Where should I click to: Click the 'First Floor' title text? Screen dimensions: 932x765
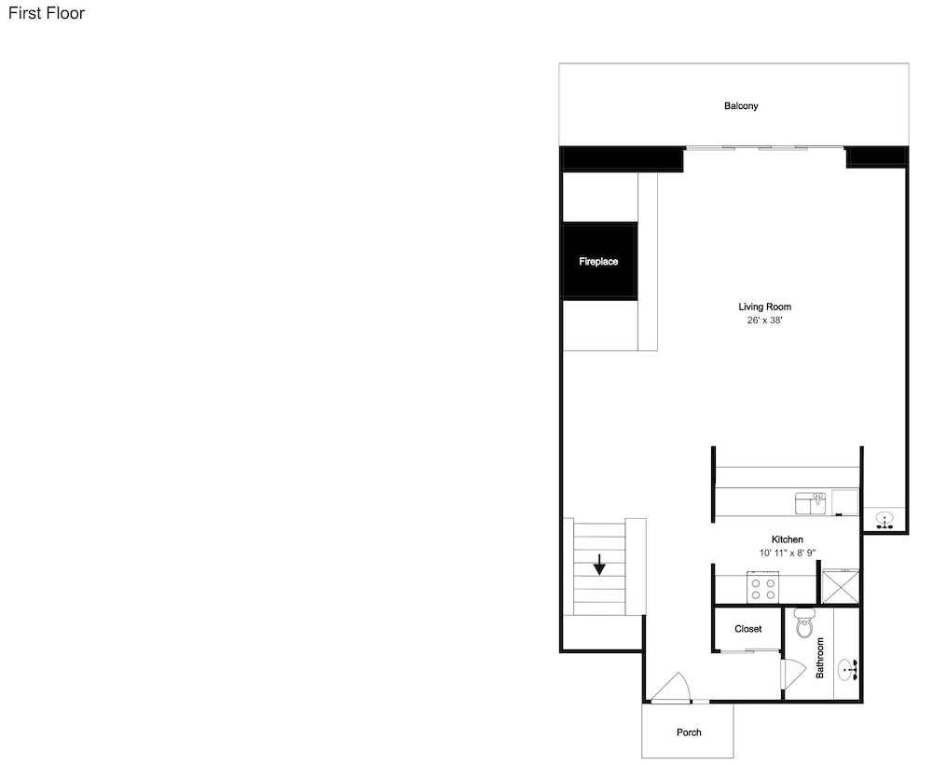47,13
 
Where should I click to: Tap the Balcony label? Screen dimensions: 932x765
741,106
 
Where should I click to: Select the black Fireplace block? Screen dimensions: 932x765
599,261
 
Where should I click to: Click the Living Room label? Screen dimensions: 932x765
764,307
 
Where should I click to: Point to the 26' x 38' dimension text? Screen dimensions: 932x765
764,321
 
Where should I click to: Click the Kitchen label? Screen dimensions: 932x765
787,540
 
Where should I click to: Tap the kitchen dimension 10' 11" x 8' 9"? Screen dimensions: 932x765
787,553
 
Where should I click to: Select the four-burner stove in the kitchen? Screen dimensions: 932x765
763,587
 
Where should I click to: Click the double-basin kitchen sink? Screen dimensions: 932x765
811,503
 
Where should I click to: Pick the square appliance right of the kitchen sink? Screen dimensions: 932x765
844,502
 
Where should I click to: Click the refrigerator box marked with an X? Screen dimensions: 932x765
840,587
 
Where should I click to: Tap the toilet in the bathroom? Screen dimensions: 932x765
803,623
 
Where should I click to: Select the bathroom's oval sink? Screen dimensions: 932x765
847,671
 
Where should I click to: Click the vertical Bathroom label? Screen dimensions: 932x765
820,658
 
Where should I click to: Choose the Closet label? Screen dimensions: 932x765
747,629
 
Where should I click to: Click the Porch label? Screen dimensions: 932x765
689,732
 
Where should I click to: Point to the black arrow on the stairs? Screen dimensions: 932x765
599,565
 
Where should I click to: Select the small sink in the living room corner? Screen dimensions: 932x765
885,521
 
